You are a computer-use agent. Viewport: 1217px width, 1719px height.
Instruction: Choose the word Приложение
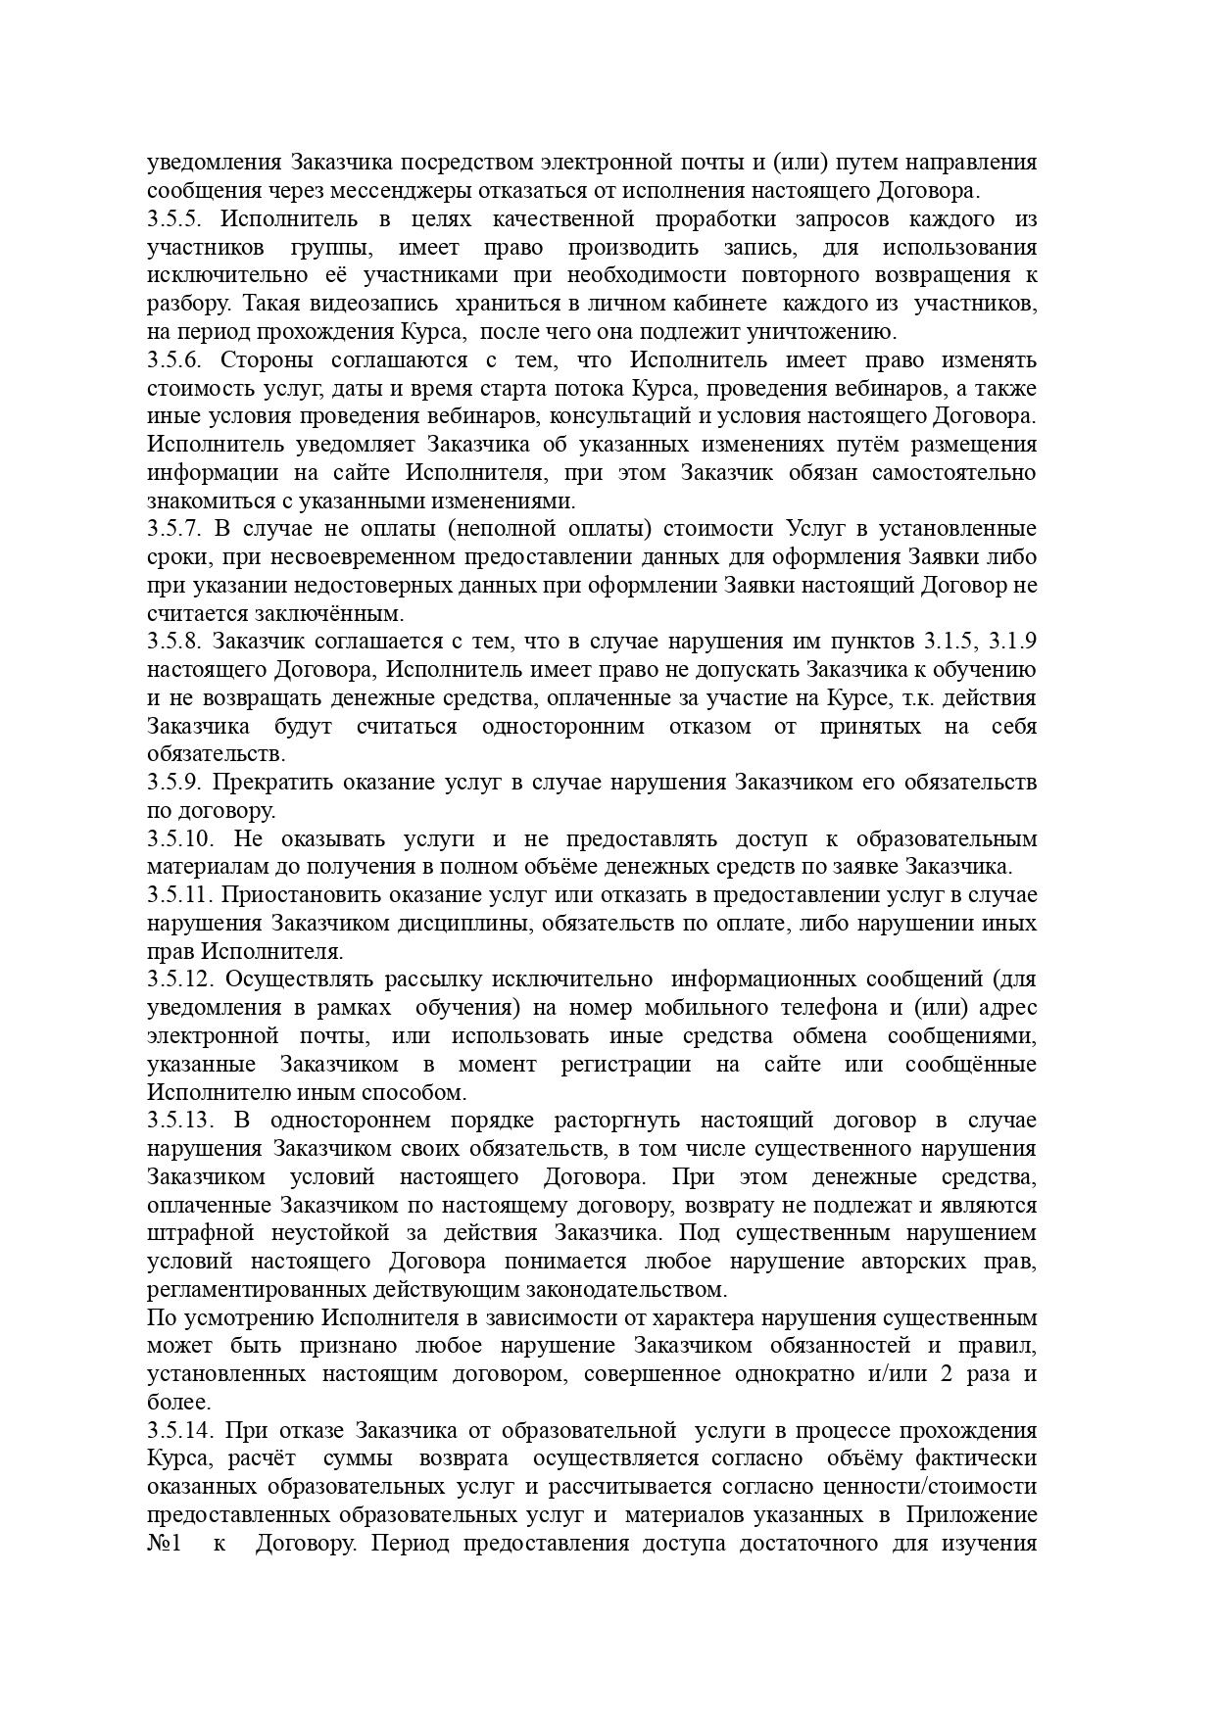click(x=970, y=1515)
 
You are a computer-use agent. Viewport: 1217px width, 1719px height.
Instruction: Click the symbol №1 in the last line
click(x=165, y=1545)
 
